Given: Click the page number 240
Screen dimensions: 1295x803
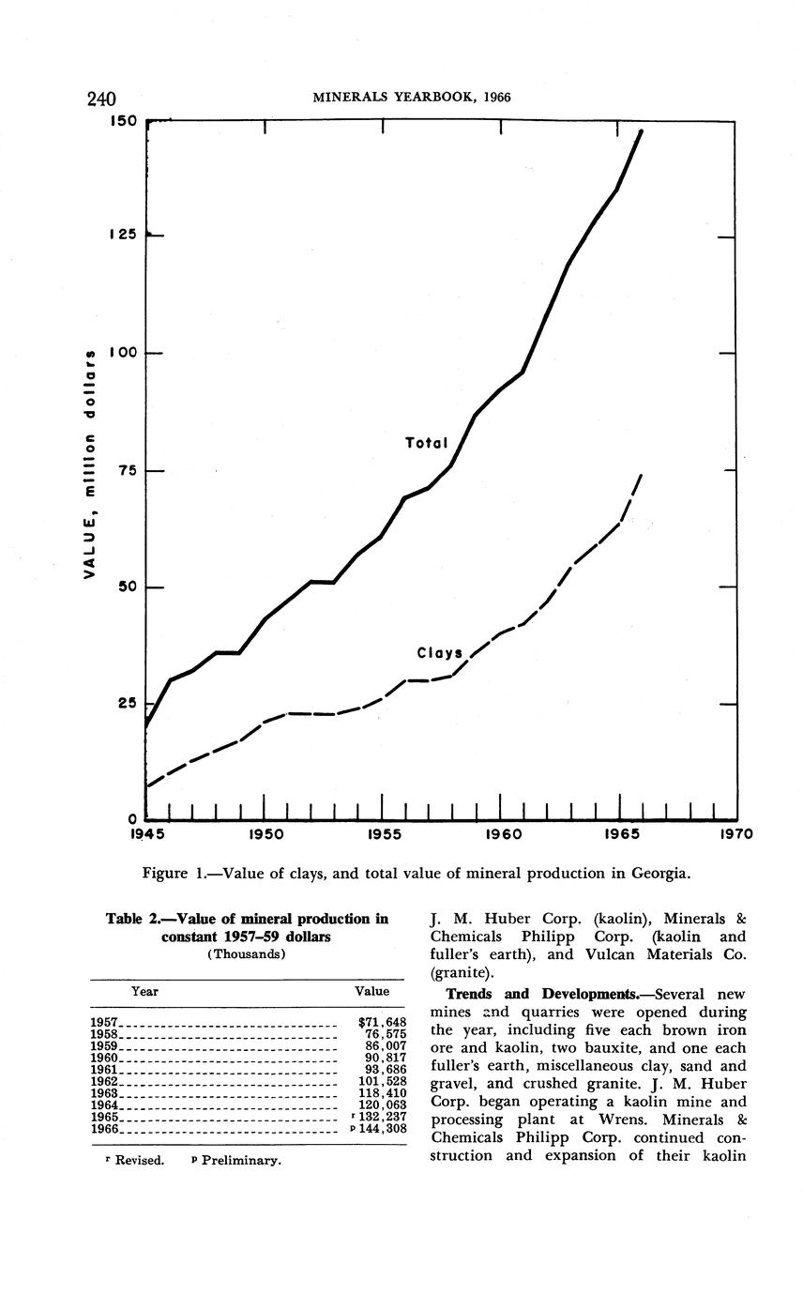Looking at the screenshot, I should point(101,99).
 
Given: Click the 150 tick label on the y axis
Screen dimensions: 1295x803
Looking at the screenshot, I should point(124,121).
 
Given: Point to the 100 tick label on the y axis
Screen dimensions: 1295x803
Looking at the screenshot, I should point(124,353).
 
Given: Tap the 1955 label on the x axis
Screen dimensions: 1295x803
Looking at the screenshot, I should point(383,833).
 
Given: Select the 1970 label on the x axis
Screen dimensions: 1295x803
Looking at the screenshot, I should point(734,833).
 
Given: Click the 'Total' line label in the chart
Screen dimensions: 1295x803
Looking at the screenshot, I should point(426,442).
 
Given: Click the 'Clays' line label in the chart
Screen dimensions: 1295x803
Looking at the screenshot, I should point(439,652).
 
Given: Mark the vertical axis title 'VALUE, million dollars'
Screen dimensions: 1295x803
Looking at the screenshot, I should point(91,465).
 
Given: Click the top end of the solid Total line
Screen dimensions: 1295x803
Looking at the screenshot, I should point(642,131).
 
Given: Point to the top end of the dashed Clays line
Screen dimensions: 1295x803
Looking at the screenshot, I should point(641,476).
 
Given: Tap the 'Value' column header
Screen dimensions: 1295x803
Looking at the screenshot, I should point(371,991).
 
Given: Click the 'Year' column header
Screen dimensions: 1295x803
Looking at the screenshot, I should point(144,991).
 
